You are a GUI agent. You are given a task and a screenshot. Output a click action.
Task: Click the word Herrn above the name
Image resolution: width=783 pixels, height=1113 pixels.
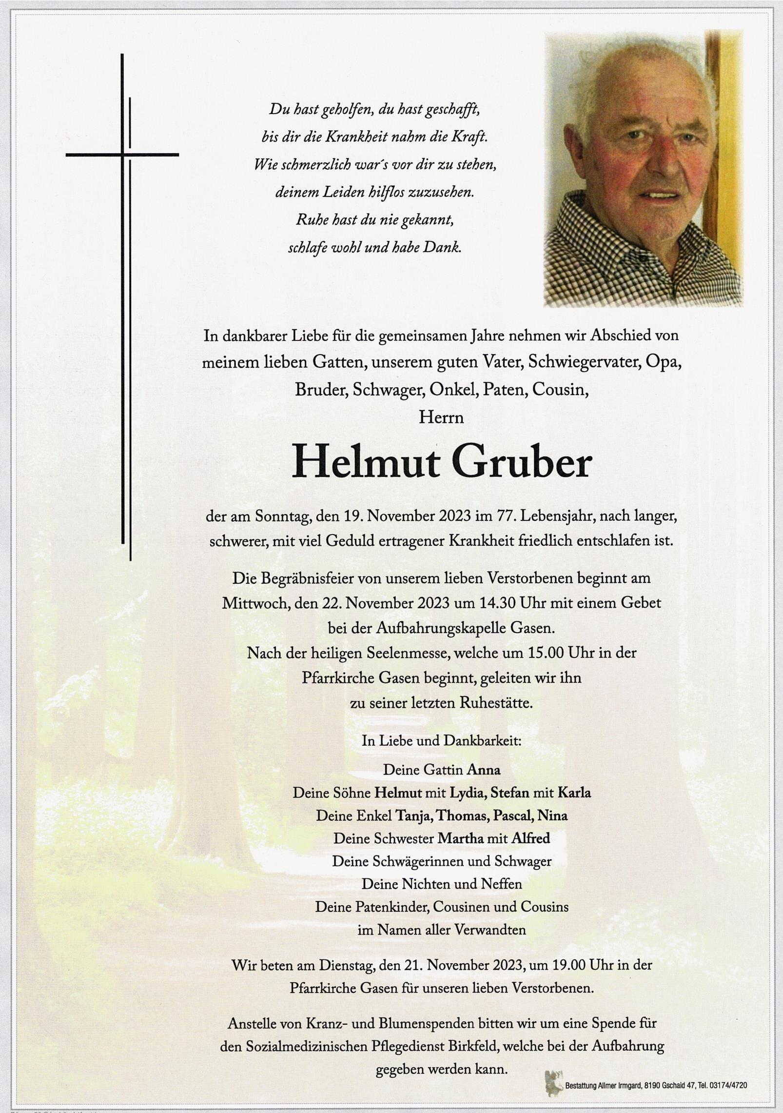[x=441, y=418]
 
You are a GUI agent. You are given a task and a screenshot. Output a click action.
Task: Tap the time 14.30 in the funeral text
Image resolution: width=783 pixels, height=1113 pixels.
[x=498, y=603]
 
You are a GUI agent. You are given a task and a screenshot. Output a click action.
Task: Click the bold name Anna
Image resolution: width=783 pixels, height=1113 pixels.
[x=484, y=770]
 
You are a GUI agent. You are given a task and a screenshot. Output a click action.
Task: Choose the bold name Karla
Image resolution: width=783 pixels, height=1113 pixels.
[x=574, y=793]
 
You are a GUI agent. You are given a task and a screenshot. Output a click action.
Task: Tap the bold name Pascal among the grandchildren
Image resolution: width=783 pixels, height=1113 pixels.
[x=512, y=815]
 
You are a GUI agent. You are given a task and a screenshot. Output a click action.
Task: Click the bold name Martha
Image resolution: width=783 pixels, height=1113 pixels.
[x=460, y=838]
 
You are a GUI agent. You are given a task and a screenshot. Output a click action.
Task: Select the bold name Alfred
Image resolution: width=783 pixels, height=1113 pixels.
[x=530, y=838]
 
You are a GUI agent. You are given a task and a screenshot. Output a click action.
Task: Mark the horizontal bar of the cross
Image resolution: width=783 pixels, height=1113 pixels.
[x=122, y=155]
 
